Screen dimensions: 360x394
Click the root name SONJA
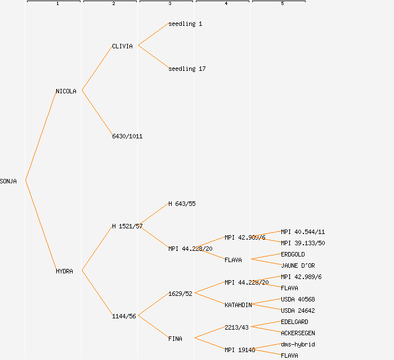[8, 181]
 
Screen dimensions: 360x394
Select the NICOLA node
[66, 91]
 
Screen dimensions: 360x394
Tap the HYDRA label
[64, 271]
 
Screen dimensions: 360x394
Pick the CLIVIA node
[122, 46]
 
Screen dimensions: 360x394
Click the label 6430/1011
[127, 136]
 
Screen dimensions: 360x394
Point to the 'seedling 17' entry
[187, 69]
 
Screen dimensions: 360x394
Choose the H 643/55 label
[182, 204]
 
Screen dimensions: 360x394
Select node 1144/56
[124, 316]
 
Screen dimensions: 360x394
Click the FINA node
[175, 339]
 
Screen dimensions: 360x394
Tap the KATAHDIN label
[238, 305]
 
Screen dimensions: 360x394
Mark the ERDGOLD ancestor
[293, 254]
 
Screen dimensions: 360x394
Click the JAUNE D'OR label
[298, 265]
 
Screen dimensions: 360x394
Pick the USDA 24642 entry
[298, 310]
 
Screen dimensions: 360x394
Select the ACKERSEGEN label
[298, 333]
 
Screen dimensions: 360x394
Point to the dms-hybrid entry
[298, 344]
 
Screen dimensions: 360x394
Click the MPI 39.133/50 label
[303, 243]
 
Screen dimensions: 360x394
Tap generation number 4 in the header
[226, 4]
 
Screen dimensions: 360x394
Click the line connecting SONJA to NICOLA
[41, 136]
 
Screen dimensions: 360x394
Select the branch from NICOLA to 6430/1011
[97, 113]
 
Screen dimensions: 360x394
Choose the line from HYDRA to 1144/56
[97, 293]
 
